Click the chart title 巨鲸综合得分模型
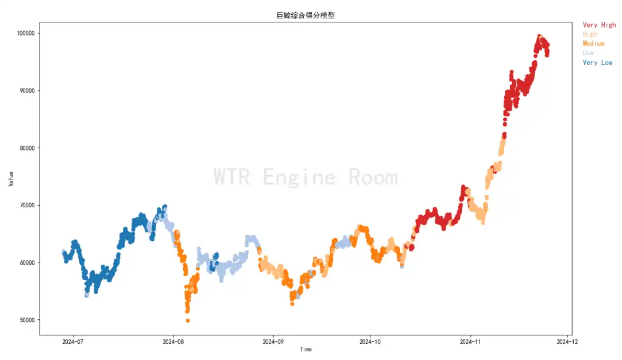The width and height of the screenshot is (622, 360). click(x=306, y=16)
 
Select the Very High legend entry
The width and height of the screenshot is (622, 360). click(x=598, y=25)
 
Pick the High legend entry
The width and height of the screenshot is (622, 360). click(x=590, y=34)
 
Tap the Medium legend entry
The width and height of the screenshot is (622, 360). click(x=593, y=44)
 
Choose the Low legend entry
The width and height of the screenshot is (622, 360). click(x=588, y=53)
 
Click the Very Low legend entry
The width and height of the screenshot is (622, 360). click(x=597, y=63)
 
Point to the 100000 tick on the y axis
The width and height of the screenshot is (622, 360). click(x=26, y=33)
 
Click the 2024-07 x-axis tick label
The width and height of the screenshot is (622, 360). click(x=73, y=342)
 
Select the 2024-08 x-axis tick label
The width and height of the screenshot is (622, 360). click(x=173, y=342)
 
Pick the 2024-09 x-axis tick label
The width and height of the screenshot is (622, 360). click(x=273, y=342)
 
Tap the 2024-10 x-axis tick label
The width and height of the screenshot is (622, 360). click(x=370, y=342)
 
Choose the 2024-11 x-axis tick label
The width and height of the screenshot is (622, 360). click(x=470, y=342)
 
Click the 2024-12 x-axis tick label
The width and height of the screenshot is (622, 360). click(x=567, y=342)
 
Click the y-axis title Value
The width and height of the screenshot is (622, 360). click(x=11, y=179)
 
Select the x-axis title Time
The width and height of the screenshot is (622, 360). click(x=306, y=350)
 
